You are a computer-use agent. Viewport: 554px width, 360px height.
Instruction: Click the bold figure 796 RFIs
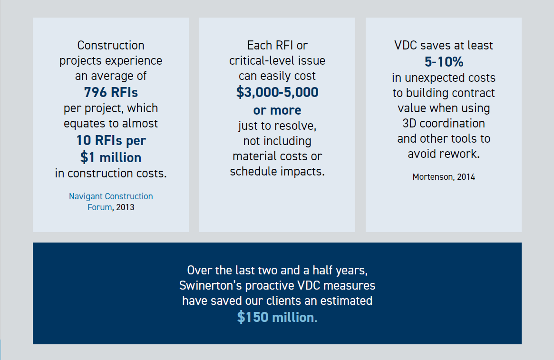(x=111, y=92)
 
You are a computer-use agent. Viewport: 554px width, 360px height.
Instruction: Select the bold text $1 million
(x=111, y=157)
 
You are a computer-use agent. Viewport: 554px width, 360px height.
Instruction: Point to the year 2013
(x=125, y=207)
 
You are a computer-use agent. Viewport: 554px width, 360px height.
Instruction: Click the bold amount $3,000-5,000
(x=277, y=93)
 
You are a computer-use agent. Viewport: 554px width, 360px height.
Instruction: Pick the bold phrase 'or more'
(x=277, y=110)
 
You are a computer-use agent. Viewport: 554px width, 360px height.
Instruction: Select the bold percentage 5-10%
(x=444, y=62)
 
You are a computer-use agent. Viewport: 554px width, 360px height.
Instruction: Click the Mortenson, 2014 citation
(x=444, y=177)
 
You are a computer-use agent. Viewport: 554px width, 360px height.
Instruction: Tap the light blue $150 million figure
(x=277, y=317)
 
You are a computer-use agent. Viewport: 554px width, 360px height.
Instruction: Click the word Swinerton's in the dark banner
(x=208, y=286)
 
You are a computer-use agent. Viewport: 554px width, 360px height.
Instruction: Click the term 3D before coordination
(x=410, y=124)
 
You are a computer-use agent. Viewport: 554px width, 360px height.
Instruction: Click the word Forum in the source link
(x=99, y=207)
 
